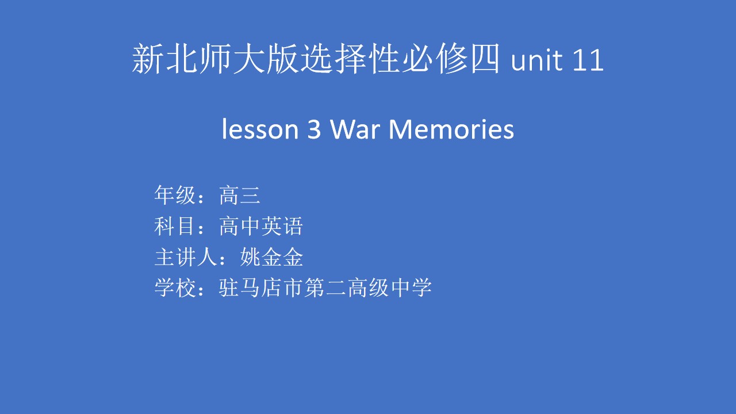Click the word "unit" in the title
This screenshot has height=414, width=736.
tap(538, 60)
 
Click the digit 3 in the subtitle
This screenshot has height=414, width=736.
tap(314, 129)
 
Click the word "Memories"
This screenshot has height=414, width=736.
tap(451, 129)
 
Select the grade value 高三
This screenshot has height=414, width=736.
tap(240, 195)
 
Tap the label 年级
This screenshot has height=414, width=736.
tap(175, 195)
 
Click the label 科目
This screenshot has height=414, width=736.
tap(175, 226)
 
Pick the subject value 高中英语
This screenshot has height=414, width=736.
tap(261, 226)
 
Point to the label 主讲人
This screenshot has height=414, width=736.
tap(186, 257)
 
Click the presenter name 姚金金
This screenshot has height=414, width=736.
tap(271, 257)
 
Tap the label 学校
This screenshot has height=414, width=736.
tap(175, 288)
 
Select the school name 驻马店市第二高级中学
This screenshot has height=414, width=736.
tap(325, 288)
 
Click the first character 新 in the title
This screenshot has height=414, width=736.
tap(148, 59)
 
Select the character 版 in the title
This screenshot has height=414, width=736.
tap(282, 59)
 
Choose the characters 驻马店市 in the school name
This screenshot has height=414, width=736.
tap(261, 288)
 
